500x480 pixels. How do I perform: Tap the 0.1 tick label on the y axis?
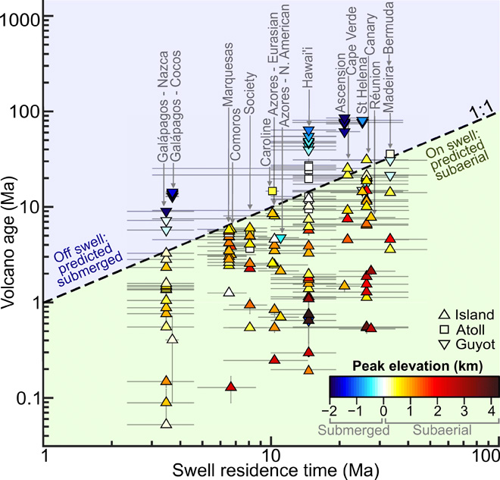(27, 398)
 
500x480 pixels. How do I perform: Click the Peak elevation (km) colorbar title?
(414, 366)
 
